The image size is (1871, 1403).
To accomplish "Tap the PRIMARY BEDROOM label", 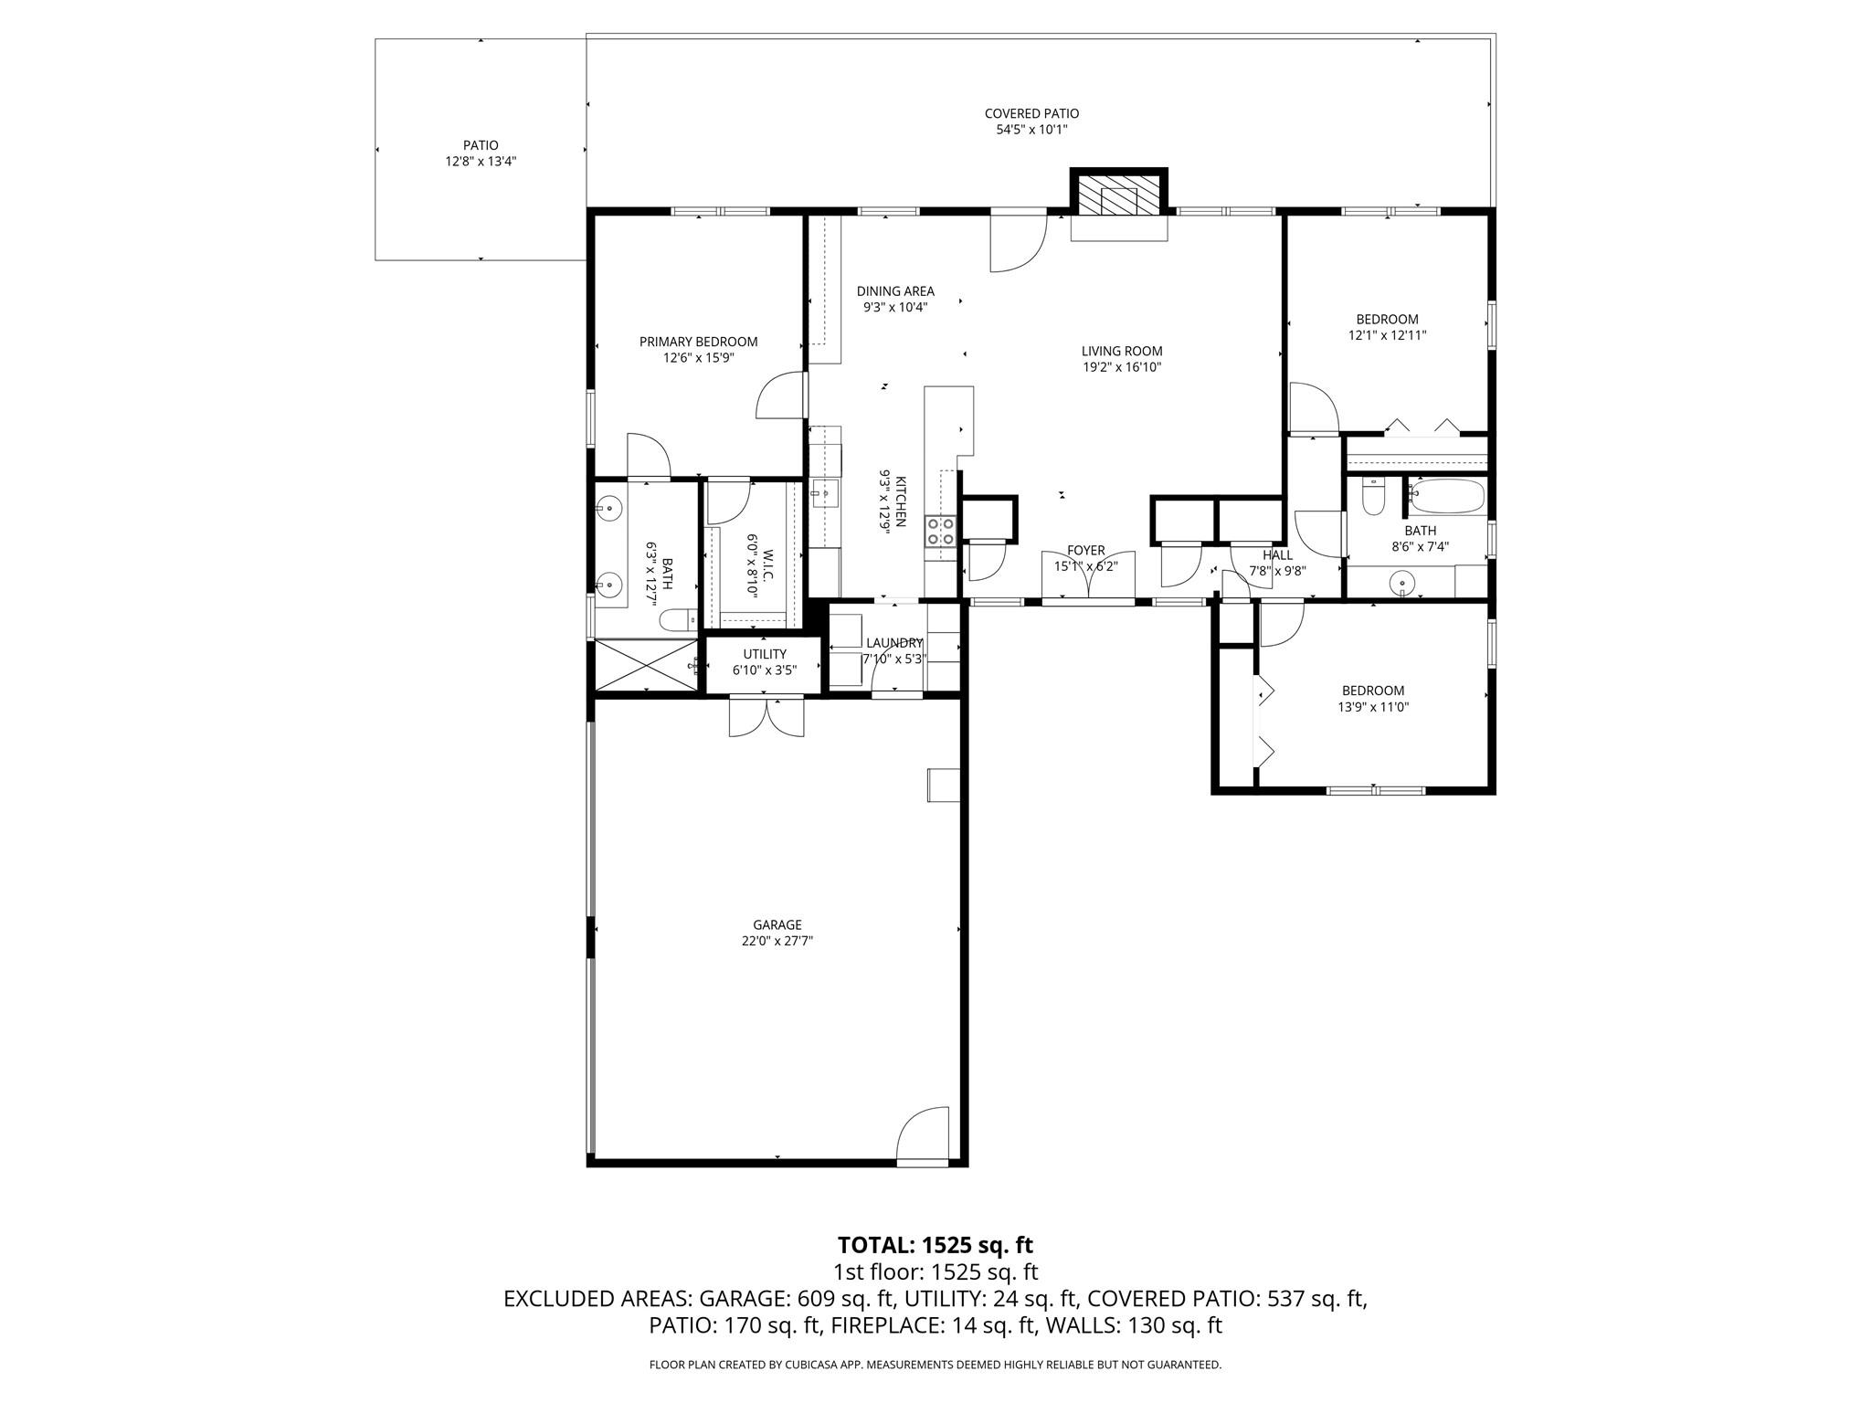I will point(698,342).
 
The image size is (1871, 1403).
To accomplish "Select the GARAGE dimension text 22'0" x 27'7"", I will point(777,941).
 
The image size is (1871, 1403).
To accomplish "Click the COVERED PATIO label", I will point(1031,113).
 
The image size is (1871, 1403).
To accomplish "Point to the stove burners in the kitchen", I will point(940,532).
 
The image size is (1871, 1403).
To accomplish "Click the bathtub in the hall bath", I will point(1446,496).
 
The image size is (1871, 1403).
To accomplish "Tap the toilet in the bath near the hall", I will point(1373,498).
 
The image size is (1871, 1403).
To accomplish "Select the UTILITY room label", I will point(765,654).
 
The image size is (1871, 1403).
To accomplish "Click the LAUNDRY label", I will point(894,643).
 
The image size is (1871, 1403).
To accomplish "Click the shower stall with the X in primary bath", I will point(646,666).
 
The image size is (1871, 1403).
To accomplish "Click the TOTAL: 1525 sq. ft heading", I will point(935,1245).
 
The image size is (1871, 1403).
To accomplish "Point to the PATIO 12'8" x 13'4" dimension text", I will point(481,162).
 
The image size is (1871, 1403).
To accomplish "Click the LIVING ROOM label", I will point(1122,351).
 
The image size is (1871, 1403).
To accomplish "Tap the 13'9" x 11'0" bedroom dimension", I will point(1373,707).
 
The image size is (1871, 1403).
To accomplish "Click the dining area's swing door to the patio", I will point(1018,242).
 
